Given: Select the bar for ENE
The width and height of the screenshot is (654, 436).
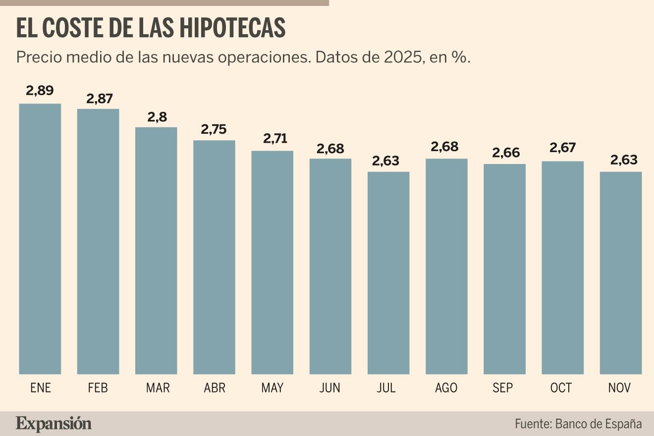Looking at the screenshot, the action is pyautogui.click(x=40, y=239).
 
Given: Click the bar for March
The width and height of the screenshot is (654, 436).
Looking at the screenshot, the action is pyautogui.click(x=156, y=251).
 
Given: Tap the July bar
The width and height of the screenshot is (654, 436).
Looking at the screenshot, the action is pyautogui.click(x=388, y=273).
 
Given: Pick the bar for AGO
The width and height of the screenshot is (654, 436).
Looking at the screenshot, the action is pyautogui.click(x=447, y=267).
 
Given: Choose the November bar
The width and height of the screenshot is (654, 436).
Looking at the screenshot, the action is pyautogui.click(x=621, y=273).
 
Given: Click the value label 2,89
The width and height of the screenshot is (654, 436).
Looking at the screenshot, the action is pyautogui.click(x=40, y=91).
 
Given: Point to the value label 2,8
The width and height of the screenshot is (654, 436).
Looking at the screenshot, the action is pyautogui.click(x=157, y=117).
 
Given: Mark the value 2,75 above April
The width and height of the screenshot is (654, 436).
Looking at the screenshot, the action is pyautogui.click(x=214, y=129).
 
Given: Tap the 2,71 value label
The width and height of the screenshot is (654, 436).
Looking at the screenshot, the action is pyautogui.click(x=275, y=138).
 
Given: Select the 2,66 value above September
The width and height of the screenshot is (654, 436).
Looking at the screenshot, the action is pyautogui.click(x=506, y=153).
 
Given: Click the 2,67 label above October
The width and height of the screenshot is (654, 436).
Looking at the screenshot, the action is pyautogui.click(x=563, y=148).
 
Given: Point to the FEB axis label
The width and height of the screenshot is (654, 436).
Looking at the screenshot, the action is pyautogui.click(x=98, y=388).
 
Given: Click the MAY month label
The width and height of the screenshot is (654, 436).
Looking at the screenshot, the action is pyautogui.click(x=272, y=388).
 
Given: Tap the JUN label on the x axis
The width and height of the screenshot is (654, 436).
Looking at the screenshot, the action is pyautogui.click(x=329, y=388).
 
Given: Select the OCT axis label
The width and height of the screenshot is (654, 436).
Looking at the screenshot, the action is pyautogui.click(x=561, y=388).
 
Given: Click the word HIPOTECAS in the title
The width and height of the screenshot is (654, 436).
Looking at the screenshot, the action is pyautogui.click(x=232, y=28).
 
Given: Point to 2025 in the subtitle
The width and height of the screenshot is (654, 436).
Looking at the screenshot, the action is pyautogui.click(x=403, y=57).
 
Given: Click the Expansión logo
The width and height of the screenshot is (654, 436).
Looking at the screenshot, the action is pyautogui.click(x=54, y=424).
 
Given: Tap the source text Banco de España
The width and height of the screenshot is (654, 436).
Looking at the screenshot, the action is pyautogui.click(x=598, y=424).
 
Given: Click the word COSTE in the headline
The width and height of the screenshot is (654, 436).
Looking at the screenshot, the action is pyautogui.click(x=73, y=28).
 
